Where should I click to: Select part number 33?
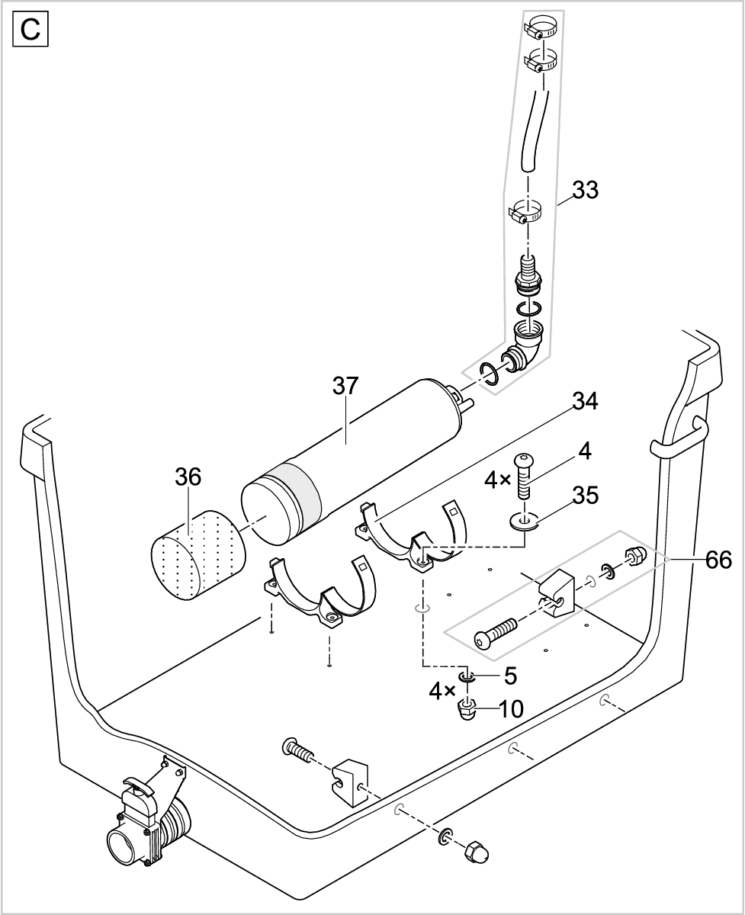tap(585, 190)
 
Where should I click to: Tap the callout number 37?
tap(345, 387)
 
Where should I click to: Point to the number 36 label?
tap(188, 478)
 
